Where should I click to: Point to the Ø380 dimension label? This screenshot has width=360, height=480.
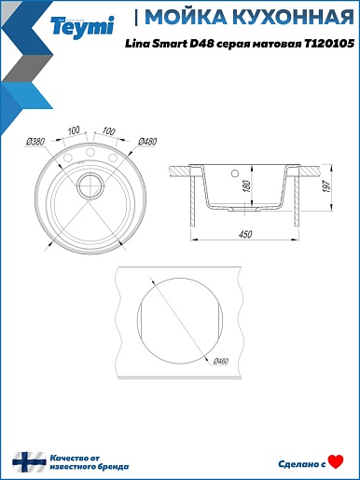point(35,142)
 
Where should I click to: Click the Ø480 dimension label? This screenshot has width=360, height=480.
point(147,142)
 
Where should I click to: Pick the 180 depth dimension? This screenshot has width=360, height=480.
point(247,185)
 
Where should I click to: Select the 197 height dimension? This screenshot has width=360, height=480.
point(327,185)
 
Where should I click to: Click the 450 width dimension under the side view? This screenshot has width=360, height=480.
point(245,234)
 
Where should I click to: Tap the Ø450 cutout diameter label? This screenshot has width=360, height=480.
point(221,362)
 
